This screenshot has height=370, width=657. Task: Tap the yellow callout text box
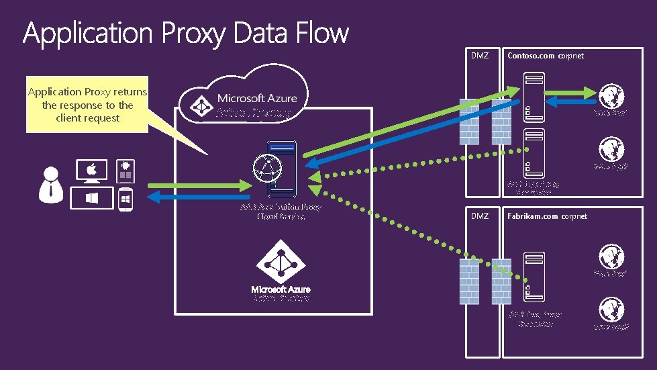(87, 105)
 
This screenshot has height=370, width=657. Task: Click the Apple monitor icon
(92, 171)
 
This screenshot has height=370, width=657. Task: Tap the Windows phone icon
(125, 199)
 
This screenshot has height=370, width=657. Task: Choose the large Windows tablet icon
(93, 199)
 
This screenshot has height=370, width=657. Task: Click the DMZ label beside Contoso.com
(479, 56)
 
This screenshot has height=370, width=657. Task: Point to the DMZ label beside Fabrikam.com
(479, 216)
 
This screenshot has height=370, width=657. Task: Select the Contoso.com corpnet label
(545, 56)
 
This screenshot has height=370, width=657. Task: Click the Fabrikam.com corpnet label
(547, 216)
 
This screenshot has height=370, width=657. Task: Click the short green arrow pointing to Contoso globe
(571, 91)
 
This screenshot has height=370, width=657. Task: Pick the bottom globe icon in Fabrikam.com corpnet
(611, 309)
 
